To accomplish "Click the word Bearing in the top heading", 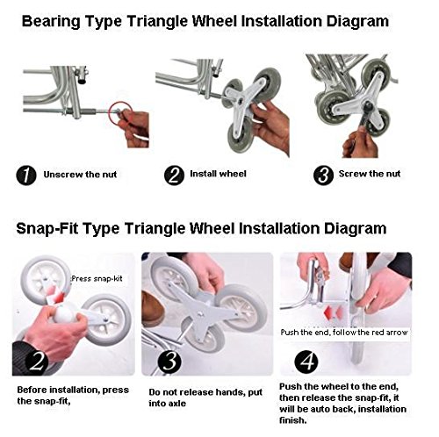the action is pyautogui.click(x=51, y=22).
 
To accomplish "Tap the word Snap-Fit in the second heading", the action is pyautogui.click(x=47, y=228).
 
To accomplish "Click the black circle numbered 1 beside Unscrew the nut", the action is pyautogui.click(x=26, y=176).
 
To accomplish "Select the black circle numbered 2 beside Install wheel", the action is pyautogui.click(x=174, y=176).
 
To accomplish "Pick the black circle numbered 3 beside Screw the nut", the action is pyautogui.click(x=323, y=176).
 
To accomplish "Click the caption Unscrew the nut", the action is pyautogui.click(x=80, y=175).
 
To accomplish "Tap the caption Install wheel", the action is pyautogui.click(x=218, y=174).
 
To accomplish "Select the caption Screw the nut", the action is pyautogui.click(x=370, y=174).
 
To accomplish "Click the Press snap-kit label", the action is pyautogui.click(x=97, y=278).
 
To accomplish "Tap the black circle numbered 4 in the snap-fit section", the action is pyautogui.click(x=306, y=361).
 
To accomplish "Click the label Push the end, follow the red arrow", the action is pyautogui.click(x=344, y=333).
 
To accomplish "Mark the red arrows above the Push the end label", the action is pyautogui.click(x=335, y=312).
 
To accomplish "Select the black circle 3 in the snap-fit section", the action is pyautogui.click(x=169, y=362).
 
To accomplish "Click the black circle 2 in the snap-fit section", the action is pyautogui.click(x=37, y=362).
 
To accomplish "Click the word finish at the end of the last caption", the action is pyautogui.click(x=293, y=420).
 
